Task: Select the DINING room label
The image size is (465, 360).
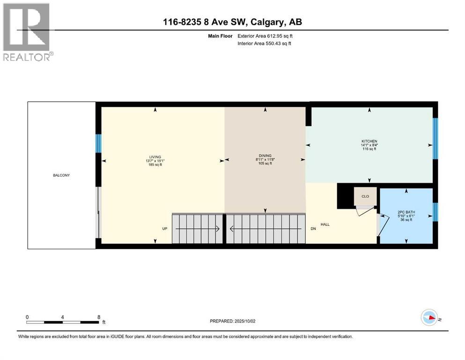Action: [x=265, y=156]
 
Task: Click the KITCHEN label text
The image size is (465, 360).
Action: [x=369, y=141]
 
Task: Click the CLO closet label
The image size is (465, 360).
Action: [x=365, y=196]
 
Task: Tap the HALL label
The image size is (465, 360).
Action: [x=325, y=225]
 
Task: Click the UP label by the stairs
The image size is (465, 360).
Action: [x=165, y=229]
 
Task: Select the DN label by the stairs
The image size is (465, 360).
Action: [x=313, y=229]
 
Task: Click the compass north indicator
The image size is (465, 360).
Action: [x=430, y=317]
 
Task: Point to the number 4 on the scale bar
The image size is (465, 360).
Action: [x=62, y=317]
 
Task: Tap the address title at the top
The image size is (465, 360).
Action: [x=232, y=22]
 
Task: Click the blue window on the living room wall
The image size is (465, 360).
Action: [x=98, y=143]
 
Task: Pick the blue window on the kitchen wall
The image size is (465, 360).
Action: [x=435, y=138]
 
